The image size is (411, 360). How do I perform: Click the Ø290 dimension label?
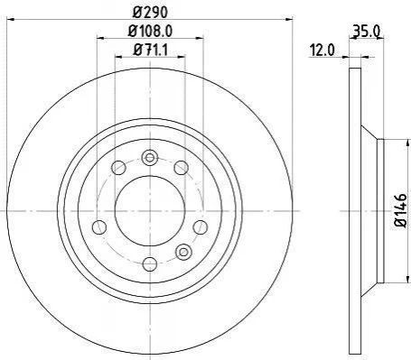click(150, 12)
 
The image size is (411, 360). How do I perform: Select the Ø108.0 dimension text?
click(150, 31)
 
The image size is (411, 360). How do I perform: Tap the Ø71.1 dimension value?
click(150, 50)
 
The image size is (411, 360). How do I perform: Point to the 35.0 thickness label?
click(366, 32)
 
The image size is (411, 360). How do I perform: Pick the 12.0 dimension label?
click(322, 50)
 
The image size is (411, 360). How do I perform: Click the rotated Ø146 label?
click(401, 210)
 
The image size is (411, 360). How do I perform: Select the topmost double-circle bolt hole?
click(150, 158)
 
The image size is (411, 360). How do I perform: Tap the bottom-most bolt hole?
click(150, 264)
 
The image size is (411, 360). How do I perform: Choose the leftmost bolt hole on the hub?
click(99, 227)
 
